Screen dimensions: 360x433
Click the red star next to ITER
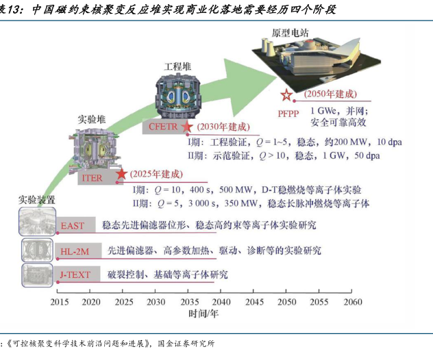tap(121, 174)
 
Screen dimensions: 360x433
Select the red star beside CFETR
tap(186, 127)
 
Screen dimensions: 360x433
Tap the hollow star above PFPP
tap(287, 97)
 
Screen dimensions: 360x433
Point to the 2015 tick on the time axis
tap(60, 301)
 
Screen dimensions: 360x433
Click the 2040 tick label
tap(222, 301)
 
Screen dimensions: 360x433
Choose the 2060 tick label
tap(352, 301)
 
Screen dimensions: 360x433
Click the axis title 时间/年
tap(204, 313)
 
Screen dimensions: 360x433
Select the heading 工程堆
tap(177, 66)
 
